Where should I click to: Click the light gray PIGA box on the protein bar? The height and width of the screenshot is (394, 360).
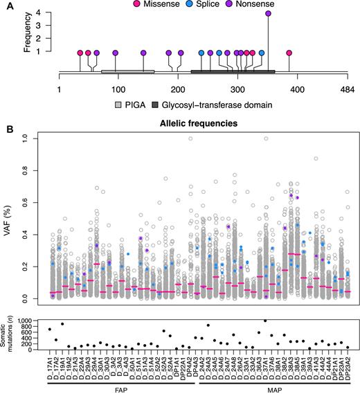pos(127,71)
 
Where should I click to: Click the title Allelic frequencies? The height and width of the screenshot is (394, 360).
pos(191,122)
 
